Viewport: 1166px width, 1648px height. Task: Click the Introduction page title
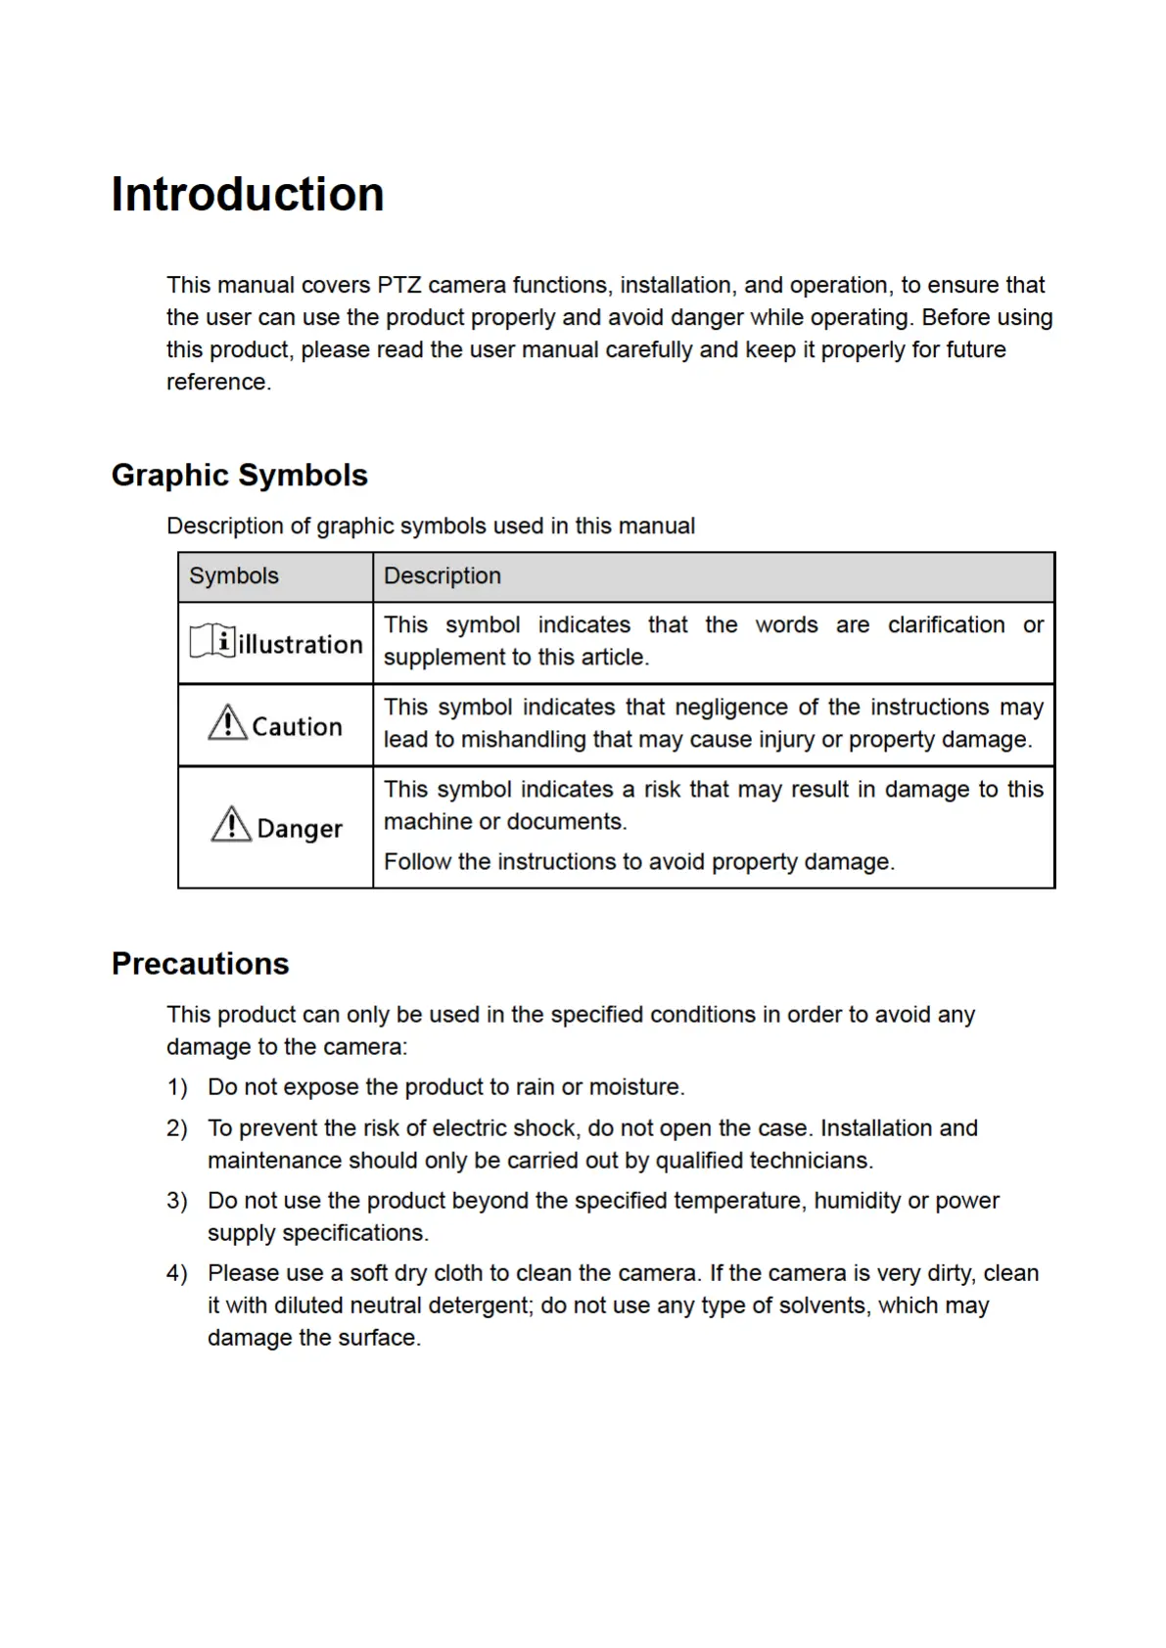[x=248, y=194]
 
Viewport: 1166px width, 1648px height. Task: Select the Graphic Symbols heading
[x=240, y=476]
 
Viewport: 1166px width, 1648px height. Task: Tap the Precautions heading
[x=201, y=964]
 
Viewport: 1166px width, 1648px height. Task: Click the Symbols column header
[x=234, y=576]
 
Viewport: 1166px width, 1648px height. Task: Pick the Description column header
[x=443, y=576]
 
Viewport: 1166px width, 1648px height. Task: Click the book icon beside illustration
[x=212, y=641]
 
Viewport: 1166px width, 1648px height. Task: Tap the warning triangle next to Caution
[x=227, y=723]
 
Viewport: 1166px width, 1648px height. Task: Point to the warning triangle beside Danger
[x=231, y=825]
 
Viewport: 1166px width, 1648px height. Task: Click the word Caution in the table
[x=298, y=727]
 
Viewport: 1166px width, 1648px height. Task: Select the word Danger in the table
[x=300, y=829]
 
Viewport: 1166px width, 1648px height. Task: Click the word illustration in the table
[x=301, y=645]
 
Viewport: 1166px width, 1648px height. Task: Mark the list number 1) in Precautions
[x=177, y=1087]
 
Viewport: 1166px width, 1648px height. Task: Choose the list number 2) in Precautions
[x=177, y=1128]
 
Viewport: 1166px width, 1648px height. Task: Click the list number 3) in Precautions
[x=177, y=1201]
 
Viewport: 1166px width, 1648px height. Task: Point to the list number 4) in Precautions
[x=177, y=1273]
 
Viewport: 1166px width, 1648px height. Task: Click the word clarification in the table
[x=946, y=625]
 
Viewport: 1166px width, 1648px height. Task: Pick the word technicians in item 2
[x=810, y=1161]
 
